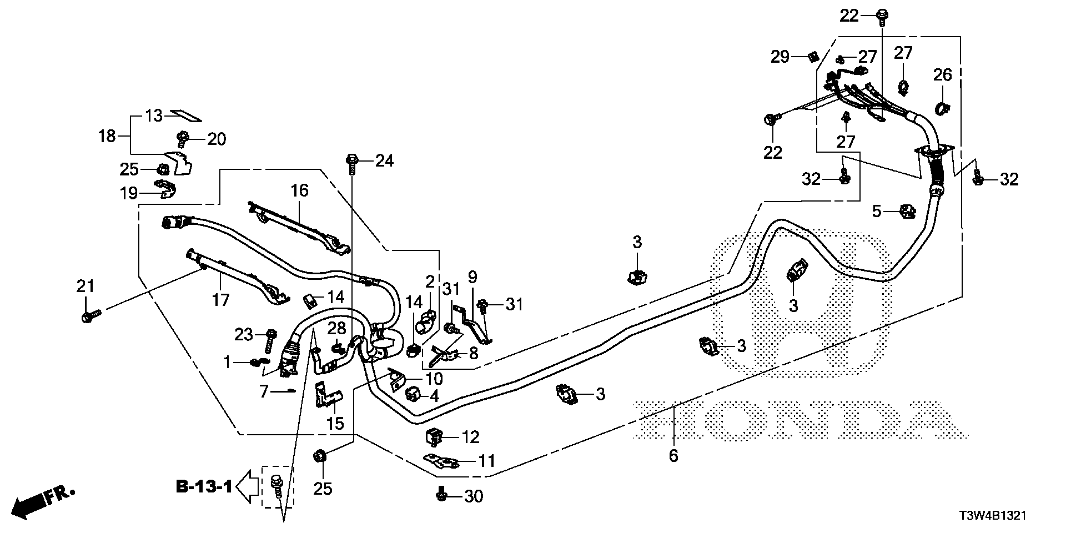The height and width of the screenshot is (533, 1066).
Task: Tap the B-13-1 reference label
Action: tap(204, 487)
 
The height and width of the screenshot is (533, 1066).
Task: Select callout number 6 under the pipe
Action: tap(673, 456)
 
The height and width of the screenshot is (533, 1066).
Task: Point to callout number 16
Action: tap(299, 190)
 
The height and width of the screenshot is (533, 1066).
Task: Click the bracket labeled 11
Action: tap(442, 461)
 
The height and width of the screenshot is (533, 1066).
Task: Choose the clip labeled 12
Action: tap(434, 437)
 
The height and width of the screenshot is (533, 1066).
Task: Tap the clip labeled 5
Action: tap(907, 211)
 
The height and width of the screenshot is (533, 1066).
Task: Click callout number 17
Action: tap(220, 300)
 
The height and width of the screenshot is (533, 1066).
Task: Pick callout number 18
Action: tap(107, 135)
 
